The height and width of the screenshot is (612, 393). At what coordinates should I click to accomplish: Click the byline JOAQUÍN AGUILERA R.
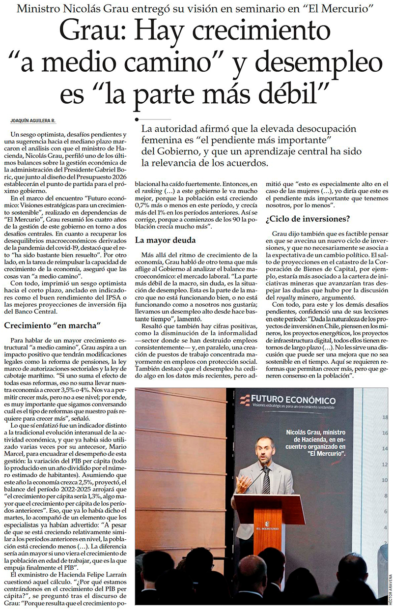(x=32, y=120)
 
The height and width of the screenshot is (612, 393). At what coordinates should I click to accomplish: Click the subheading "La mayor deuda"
(x=166, y=240)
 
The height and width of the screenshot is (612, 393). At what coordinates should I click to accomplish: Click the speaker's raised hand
(x=242, y=484)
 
